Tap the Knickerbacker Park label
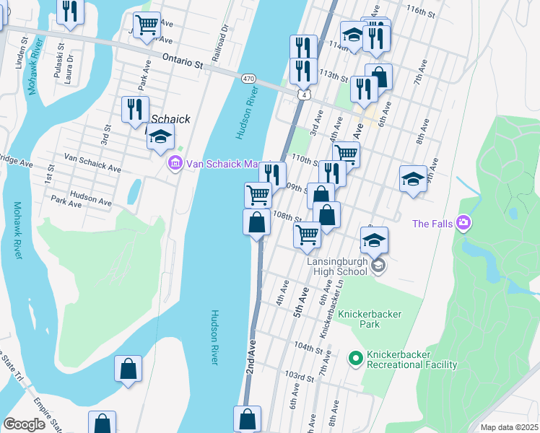tap(375, 320)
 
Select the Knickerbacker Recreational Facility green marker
tap(354, 357)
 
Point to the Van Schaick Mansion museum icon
tap(175, 164)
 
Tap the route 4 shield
tap(305, 95)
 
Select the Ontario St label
tap(183, 62)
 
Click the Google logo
tap(24, 424)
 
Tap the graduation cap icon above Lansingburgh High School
tap(374, 240)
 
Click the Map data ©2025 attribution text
tap(509, 427)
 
